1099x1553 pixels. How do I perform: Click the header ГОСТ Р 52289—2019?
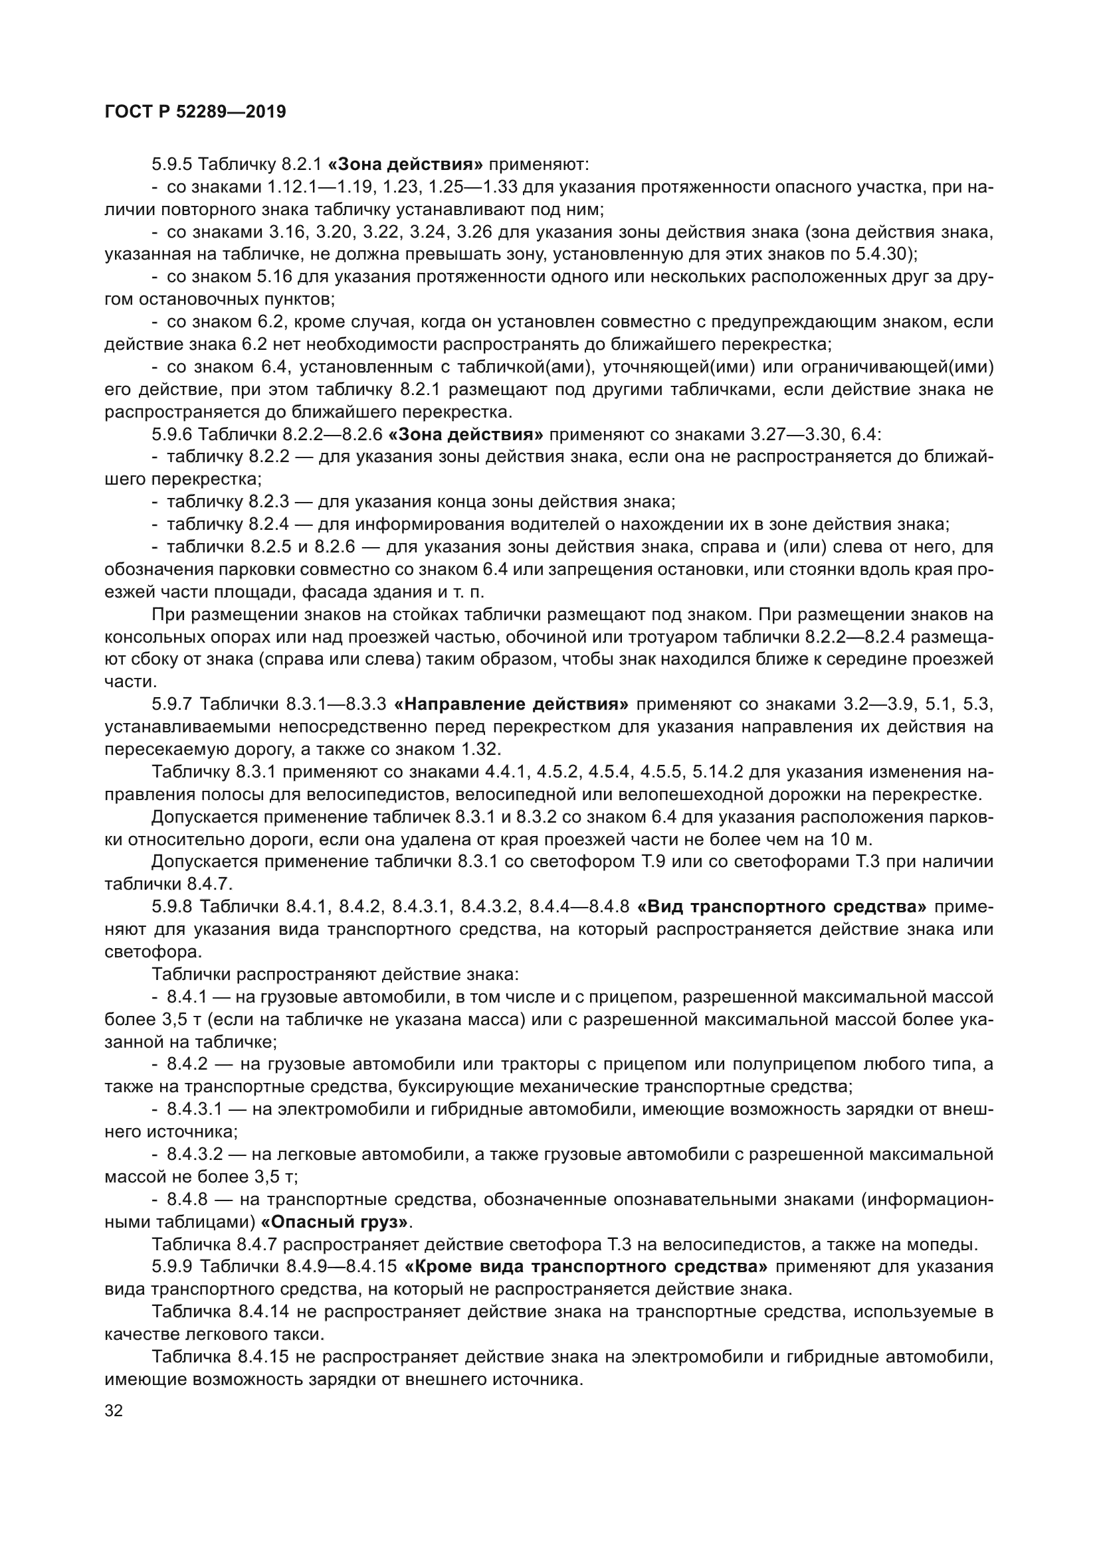(x=195, y=112)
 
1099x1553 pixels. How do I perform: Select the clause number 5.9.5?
(x=173, y=165)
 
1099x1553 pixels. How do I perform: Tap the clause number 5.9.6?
(x=173, y=434)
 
